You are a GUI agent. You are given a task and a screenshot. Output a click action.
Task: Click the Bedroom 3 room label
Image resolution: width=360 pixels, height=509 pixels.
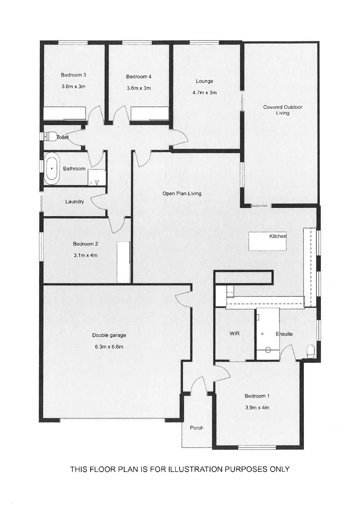73,75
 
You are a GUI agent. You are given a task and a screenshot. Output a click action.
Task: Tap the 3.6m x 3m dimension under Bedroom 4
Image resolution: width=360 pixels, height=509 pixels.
139,88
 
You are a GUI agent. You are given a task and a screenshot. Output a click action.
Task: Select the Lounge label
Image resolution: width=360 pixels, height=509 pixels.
204,81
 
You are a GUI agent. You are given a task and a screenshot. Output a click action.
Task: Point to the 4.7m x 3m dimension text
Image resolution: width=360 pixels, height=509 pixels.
204,92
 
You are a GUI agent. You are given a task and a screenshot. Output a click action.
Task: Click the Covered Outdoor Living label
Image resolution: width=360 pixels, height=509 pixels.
283,110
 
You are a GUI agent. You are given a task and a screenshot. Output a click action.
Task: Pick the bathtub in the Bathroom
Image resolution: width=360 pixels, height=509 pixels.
52,168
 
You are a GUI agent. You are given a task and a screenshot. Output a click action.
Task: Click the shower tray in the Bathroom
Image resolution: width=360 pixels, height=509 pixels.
97,177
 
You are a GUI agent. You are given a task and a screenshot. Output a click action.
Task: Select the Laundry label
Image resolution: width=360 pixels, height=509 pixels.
74,202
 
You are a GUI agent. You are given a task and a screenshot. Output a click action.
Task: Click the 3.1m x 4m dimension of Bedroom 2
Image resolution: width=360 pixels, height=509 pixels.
85,255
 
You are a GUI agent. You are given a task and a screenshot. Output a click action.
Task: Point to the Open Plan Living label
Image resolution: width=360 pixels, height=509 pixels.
182,193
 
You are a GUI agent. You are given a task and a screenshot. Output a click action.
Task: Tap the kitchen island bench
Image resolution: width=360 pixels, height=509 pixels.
267,241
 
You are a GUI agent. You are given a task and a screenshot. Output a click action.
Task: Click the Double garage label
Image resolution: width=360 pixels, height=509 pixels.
109,335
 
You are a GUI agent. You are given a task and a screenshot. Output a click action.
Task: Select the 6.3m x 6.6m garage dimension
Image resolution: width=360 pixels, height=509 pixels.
109,347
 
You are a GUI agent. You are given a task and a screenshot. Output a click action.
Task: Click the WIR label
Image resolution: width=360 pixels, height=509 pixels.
234,333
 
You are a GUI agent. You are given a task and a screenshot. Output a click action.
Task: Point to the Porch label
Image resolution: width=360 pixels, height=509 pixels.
196,428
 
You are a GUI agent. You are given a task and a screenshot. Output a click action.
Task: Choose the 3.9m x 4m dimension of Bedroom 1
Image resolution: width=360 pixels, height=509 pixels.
257,408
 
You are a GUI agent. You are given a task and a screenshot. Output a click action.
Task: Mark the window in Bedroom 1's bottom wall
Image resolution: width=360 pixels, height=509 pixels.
257,447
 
